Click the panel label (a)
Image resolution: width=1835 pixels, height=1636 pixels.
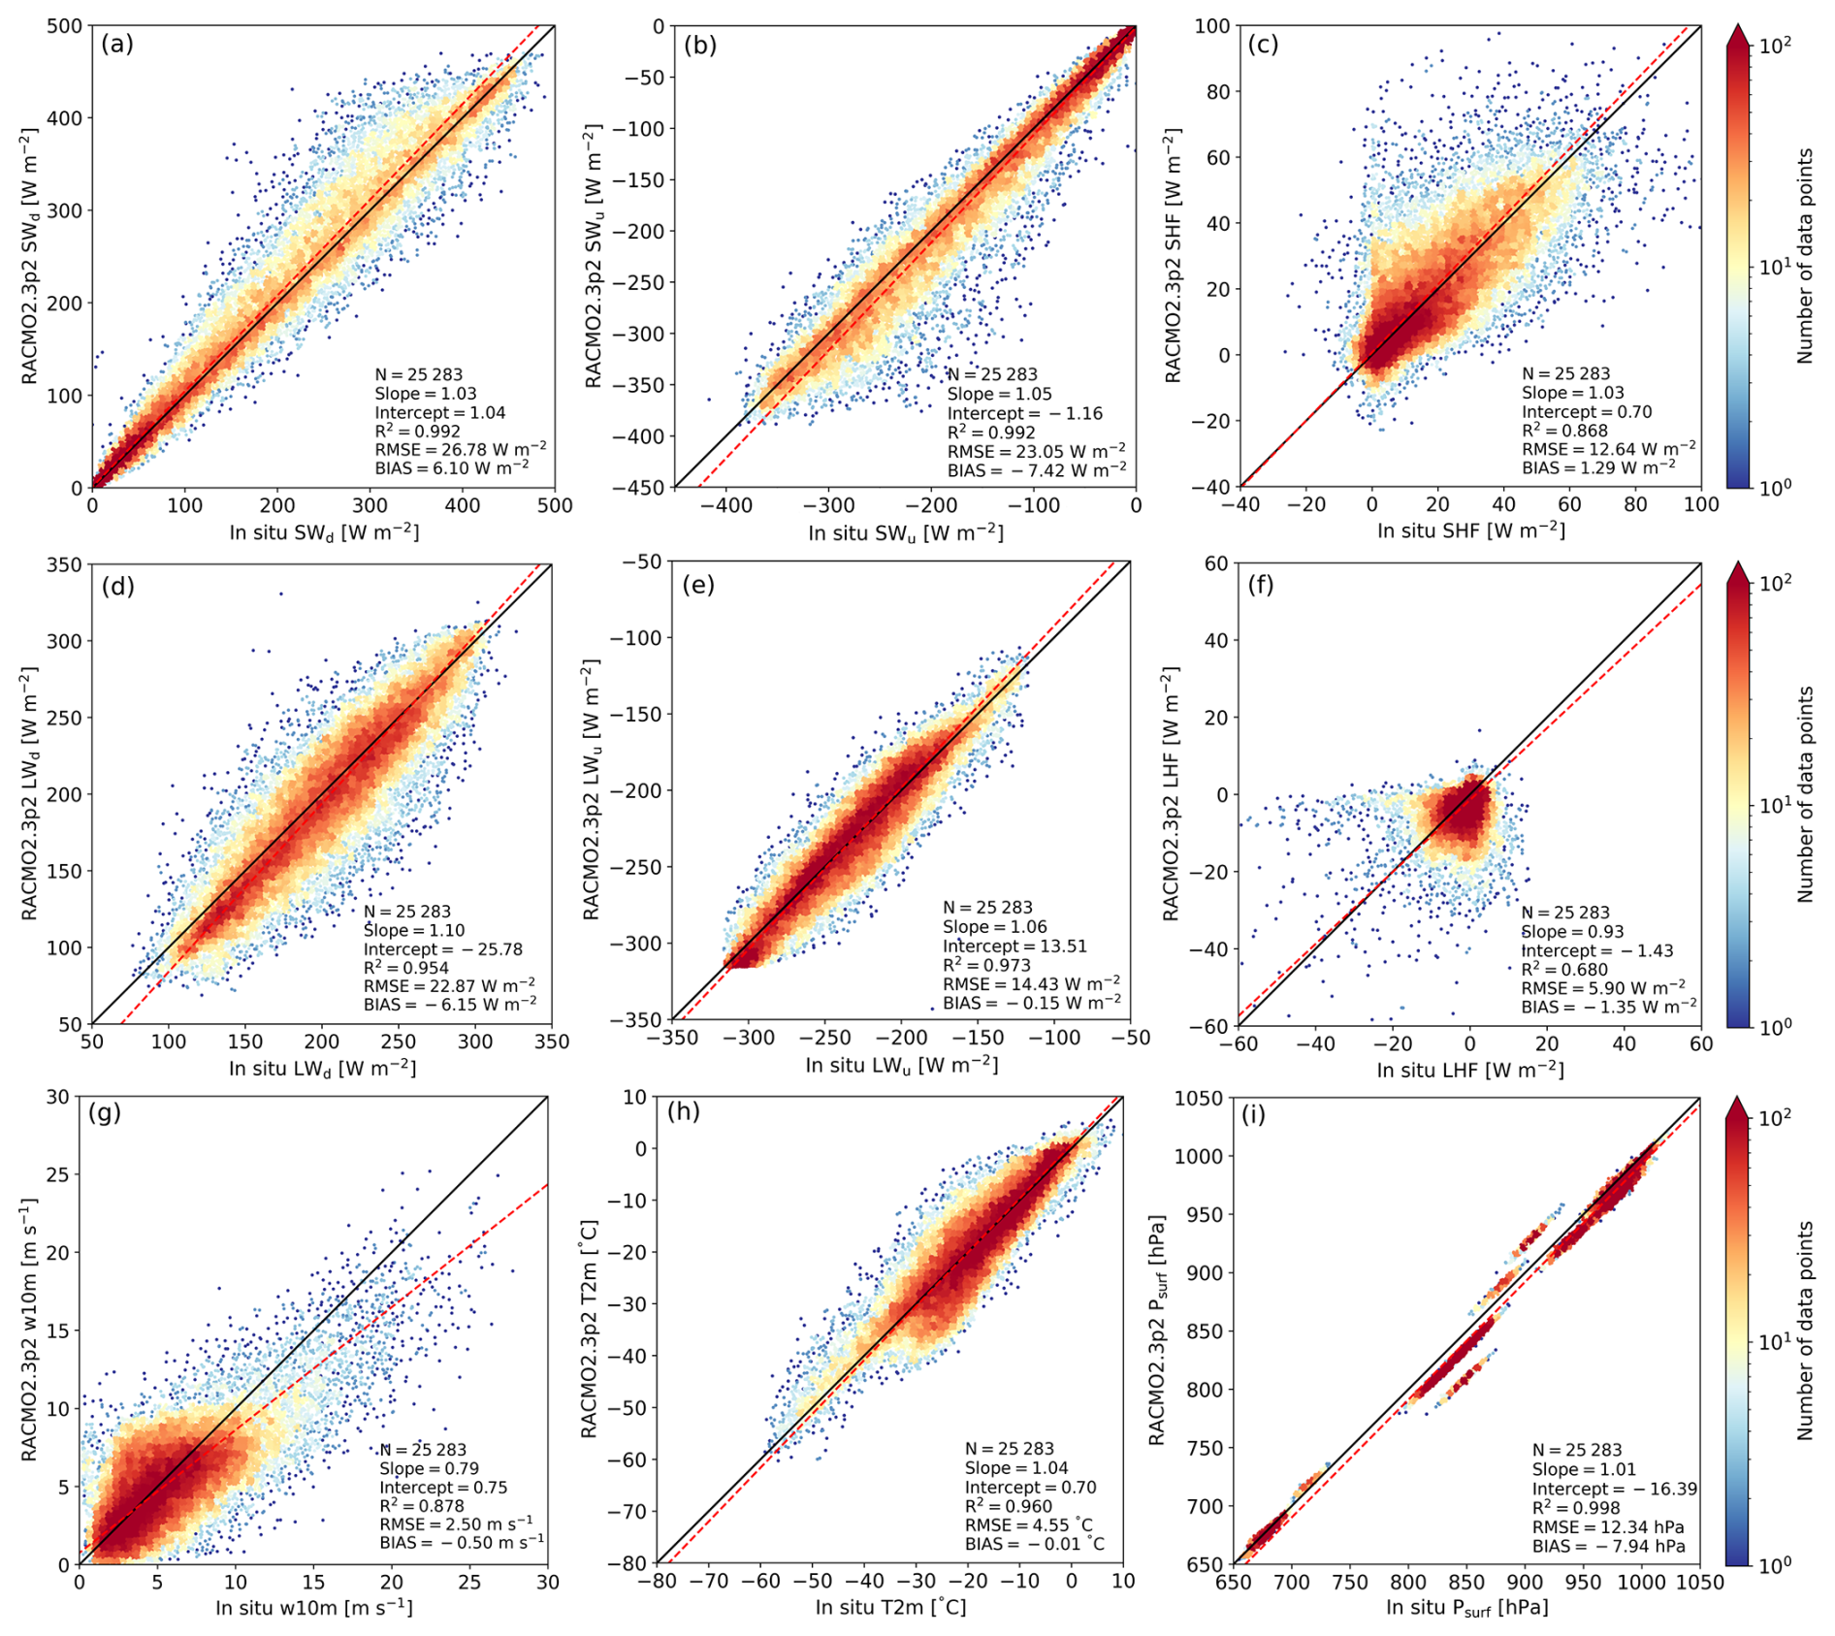click(117, 45)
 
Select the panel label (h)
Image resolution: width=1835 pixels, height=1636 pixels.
click(684, 1111)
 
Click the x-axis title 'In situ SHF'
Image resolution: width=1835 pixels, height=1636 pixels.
click(1471, 529)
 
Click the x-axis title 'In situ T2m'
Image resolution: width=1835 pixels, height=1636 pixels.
click(890, 1608)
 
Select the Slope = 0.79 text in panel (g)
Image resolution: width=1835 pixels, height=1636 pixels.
click(429, 1468)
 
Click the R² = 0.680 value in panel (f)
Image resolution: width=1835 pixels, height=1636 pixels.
click(1563, 970)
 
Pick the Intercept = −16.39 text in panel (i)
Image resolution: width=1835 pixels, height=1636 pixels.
click(1614, 1489)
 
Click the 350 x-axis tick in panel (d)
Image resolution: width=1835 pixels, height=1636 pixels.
click(552, 1042)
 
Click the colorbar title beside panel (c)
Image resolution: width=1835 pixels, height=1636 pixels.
click(1804, 256)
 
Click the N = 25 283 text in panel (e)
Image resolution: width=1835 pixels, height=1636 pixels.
click(987, 908)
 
